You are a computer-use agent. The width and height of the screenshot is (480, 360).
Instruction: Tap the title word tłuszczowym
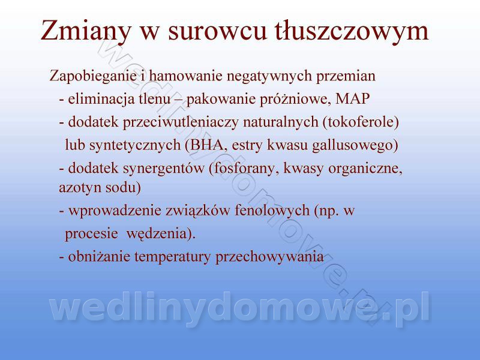[351, 31]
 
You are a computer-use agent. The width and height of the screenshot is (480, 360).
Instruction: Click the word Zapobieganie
[93, 76]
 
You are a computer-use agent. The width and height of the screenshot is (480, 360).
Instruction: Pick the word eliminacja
[101, 99]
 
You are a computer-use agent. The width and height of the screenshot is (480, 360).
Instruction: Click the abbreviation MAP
[353, 98]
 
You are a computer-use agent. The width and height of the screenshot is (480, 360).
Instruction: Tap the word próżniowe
[295, 99]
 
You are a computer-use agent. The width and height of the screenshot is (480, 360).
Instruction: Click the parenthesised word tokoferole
[361, 122]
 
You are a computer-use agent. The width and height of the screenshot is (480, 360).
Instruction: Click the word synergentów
[163, 169]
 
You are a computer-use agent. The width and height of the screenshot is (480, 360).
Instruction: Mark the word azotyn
[78, 187]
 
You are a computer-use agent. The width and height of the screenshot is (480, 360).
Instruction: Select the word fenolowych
[272, 211]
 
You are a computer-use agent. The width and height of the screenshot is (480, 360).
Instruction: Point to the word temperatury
[173, 257]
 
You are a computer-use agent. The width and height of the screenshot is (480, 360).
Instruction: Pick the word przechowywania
[269, 257]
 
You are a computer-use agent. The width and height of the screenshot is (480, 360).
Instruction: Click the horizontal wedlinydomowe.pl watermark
[239, 307]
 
